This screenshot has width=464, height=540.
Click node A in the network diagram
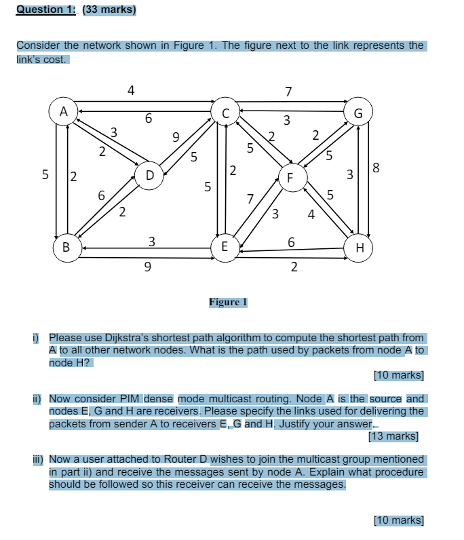(64, 111)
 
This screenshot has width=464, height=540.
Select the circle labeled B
(66, 247)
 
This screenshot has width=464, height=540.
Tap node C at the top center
(226, 111)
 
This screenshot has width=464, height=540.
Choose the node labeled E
(225, 247)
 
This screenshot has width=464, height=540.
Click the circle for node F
(290, 178)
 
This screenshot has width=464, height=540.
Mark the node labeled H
(360, 247)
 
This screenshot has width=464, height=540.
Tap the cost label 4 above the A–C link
(131, 90)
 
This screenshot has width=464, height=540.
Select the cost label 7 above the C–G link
(288, 91)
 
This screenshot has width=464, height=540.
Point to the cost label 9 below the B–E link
(147, 267)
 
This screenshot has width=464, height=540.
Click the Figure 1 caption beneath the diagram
(228, 302)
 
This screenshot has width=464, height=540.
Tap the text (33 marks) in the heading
(109, 9)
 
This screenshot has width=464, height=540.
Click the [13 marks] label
(393, 436)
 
